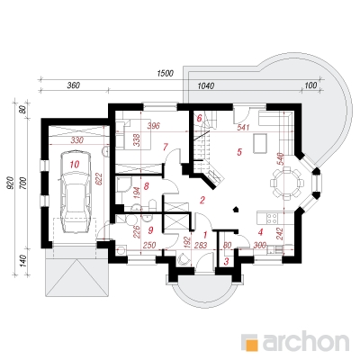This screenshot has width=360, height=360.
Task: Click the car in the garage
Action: point(75,192)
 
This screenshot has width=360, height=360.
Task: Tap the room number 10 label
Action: point(75,165)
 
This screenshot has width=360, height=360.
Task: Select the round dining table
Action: point(287,183)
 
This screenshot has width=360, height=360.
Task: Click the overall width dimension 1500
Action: point(166,74)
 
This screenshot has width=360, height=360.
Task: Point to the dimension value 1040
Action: point(206,86)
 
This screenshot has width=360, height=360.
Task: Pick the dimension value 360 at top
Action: point(73,85)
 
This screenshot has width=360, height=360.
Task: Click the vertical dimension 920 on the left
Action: point(10,183)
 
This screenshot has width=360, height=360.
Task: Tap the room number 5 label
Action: point(239,152)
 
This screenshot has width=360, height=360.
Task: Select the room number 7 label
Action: point(166,147)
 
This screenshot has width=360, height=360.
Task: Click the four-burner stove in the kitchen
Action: point(272,218)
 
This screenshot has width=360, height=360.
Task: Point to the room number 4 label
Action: point(260,232)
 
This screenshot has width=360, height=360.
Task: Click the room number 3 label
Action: point(227,262)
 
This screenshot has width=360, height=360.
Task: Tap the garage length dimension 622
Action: point(100,178)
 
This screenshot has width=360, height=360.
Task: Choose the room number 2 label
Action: point(202,200)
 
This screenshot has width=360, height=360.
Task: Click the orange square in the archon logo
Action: point(254,345)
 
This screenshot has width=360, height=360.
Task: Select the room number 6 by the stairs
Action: point(199,119)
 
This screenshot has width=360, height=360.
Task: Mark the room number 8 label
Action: point(147,186)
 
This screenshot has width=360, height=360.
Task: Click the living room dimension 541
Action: point(243,127)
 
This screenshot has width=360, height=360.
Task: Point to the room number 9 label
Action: point(150,230)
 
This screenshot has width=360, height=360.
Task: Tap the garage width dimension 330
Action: point(77,139)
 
